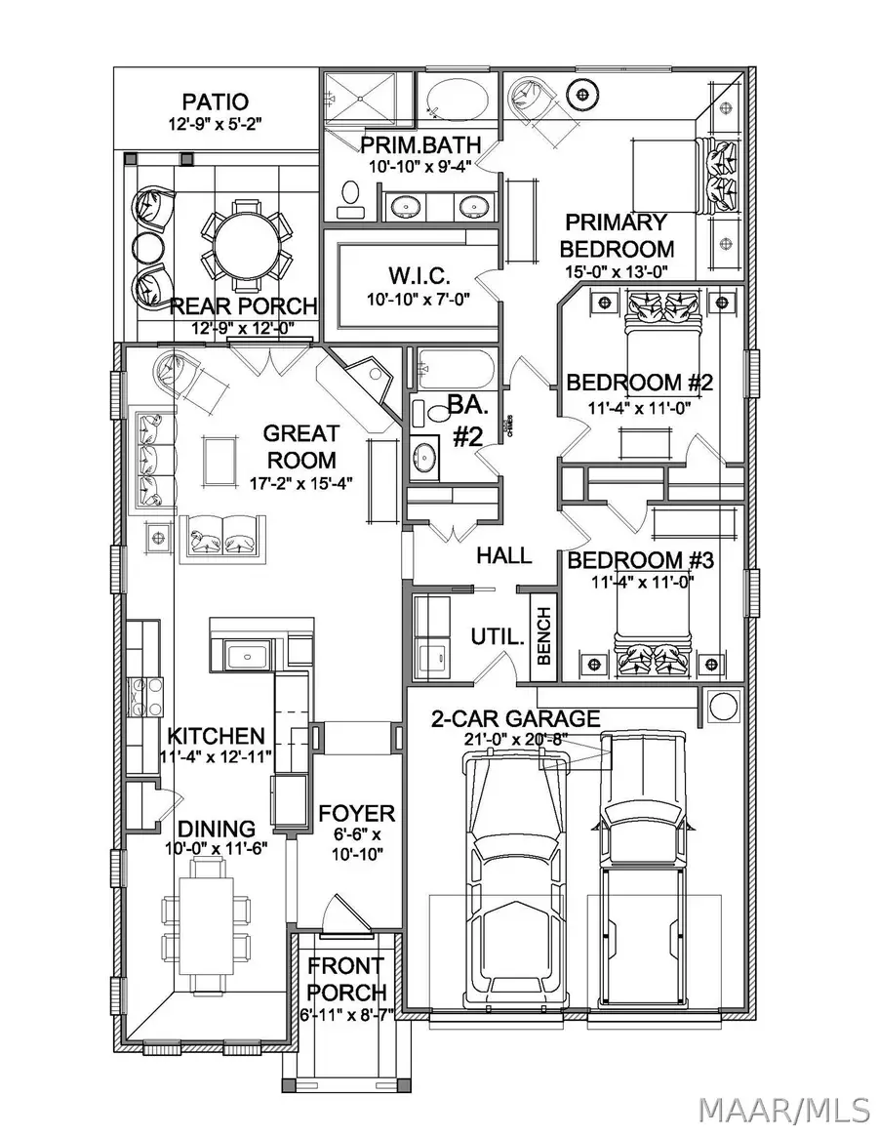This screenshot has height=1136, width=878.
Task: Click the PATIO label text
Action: (215, 101)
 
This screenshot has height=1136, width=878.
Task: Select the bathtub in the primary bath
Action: (458, 101)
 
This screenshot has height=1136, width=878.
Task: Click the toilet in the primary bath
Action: (348, 198)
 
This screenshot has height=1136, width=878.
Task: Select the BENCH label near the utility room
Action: (544, 637)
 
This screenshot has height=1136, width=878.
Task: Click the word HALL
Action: (504, 555)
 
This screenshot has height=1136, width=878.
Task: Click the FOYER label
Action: (357, 814)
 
